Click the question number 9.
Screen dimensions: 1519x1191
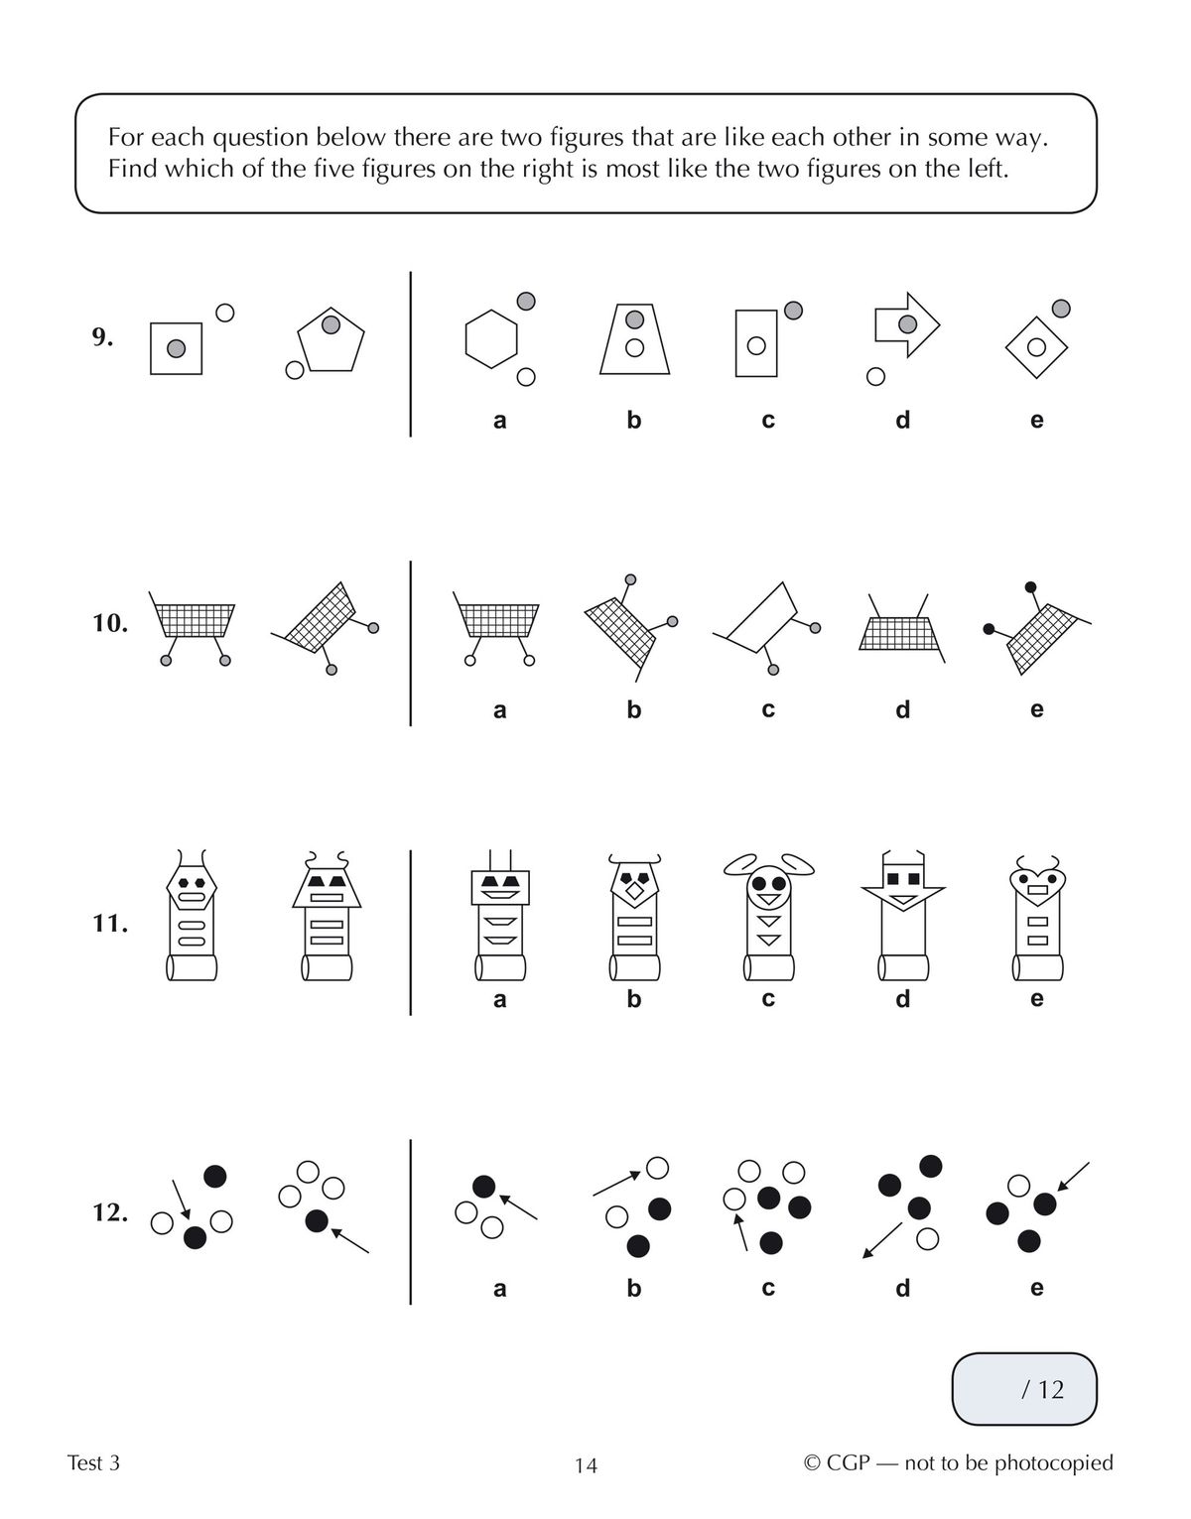(x=102, y=337)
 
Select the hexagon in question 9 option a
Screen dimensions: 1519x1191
(x=491, y=339)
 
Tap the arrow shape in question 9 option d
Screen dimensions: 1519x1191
(x=906, y=324)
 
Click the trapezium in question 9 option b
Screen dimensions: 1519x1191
(x=635, y=338)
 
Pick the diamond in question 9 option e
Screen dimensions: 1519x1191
(x=1036, y=347)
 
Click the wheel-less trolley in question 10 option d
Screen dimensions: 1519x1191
(x=901, y=631)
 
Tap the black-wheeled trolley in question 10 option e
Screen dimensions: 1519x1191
(x=1037, y=627)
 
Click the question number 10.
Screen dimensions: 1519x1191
(x=109, y=624)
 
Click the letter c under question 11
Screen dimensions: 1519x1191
(x=768, y=999)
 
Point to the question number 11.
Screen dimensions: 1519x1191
(x=109, y=924)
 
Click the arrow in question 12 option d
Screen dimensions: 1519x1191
(x=881, y=1239)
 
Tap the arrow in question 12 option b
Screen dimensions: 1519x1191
(x=616, y=1183)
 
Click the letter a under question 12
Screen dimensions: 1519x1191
(x=499, y=1288)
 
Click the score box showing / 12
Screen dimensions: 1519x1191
(x=1024, y=1389)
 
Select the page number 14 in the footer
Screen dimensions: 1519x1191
(x=586, y=1465)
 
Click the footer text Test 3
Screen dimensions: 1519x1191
(x=93, y=1462)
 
